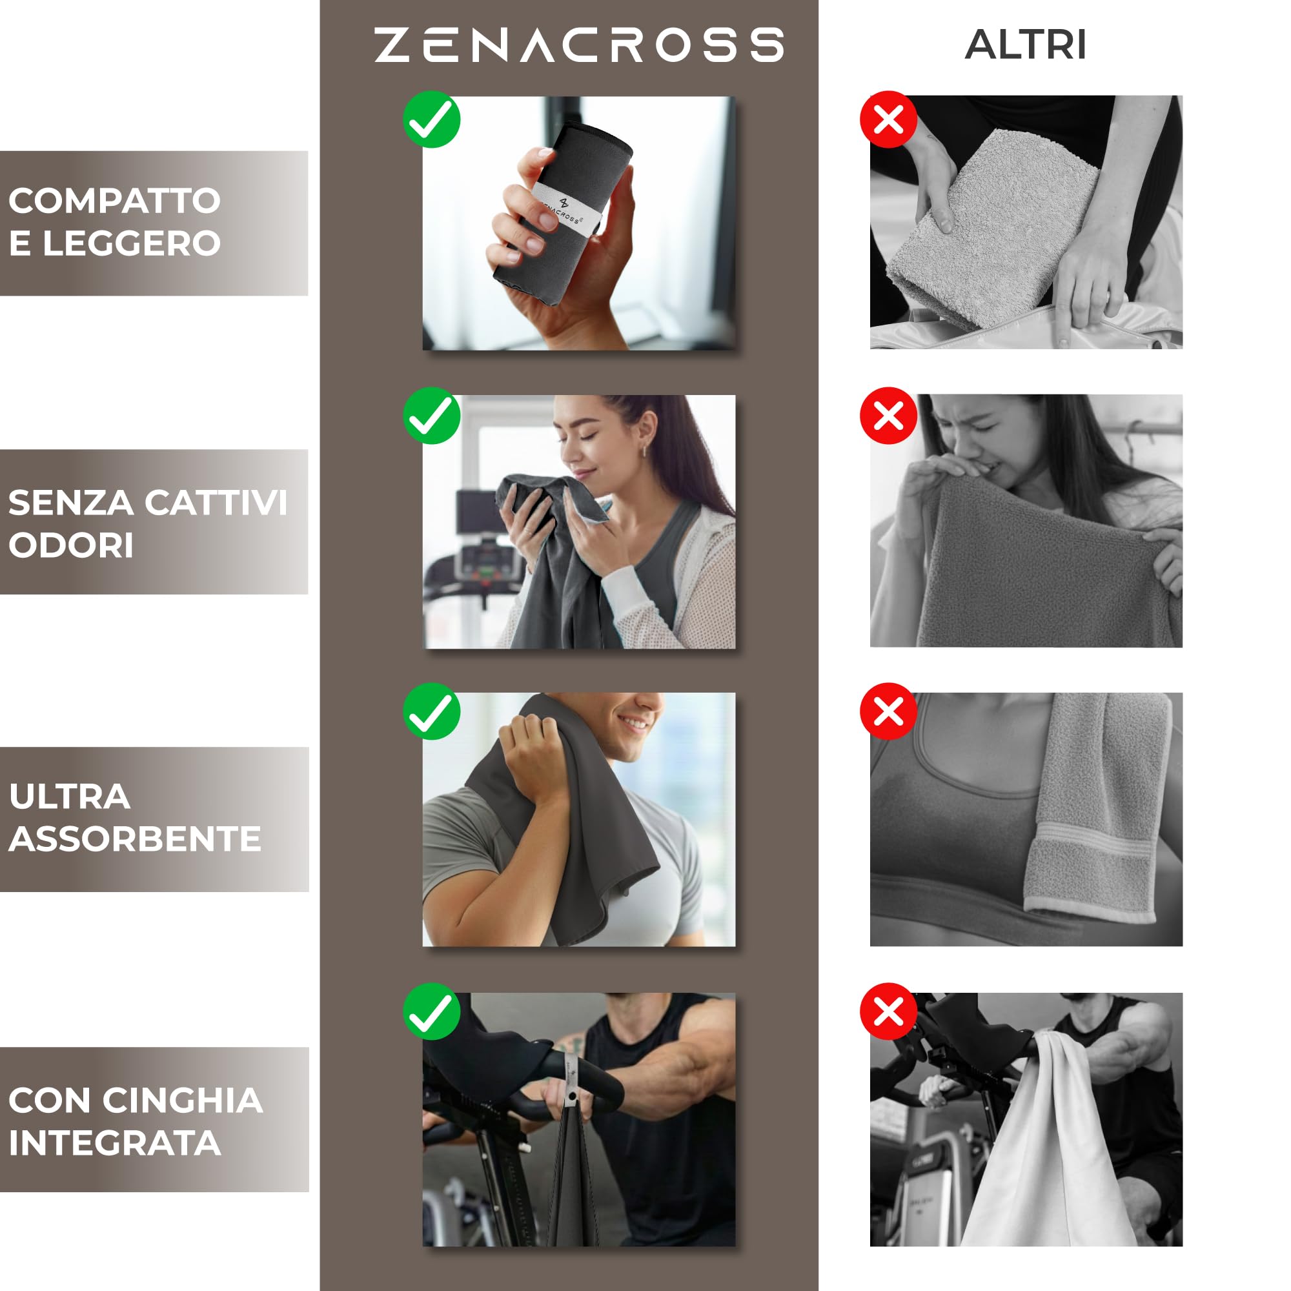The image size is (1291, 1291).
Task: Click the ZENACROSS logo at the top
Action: pyautogui.click(x=578, y=45)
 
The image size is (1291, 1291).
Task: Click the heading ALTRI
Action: pyautogui.click(x=1025, y=45)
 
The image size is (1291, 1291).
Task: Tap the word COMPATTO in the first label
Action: pyautogui.click(x=114, y=201)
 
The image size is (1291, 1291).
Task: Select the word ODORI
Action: pyautogui.click(x=71, y=545)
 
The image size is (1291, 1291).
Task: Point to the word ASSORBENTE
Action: pyautogui.click(x=134, y=839)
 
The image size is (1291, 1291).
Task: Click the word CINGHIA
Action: pyautogui.click(x=183, y=1101)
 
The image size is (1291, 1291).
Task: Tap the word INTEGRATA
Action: pyautogui.click(x=114, y=1143)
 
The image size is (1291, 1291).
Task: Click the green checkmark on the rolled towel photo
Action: pyautogui.click(x=432, y=119)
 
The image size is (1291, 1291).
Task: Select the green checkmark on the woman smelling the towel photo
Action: pyautogui.click(x=432, y=416)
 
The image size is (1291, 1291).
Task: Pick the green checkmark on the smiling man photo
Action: pyautogui.click(x=432, y=711)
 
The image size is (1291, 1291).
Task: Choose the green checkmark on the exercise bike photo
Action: pyautogui.click(x=432, y=1011)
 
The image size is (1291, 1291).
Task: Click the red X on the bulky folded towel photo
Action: pyautogui.click(x=888, y=119)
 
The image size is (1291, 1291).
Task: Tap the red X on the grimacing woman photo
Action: pyautogui.click(x=888, y=416)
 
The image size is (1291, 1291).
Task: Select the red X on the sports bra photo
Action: pyautogui.click(x=888, y=711)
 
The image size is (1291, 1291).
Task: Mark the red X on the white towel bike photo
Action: pyautogui.click(x=888, y=1011)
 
